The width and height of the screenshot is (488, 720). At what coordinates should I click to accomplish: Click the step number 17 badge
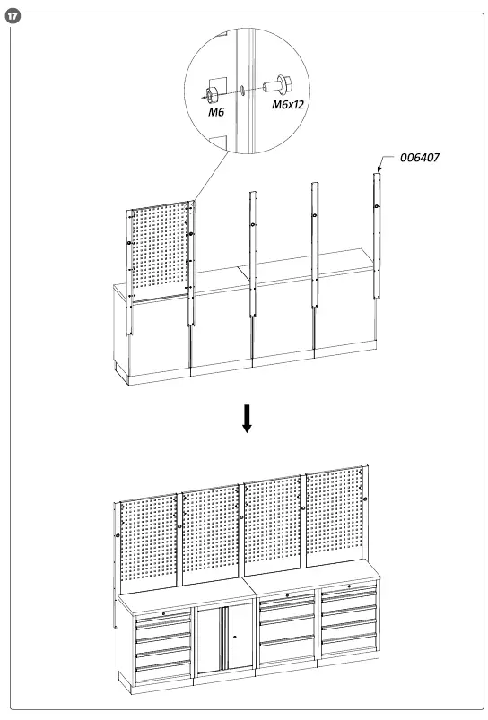coord(11,16)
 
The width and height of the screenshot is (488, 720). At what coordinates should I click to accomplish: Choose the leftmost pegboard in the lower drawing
coord(149,538)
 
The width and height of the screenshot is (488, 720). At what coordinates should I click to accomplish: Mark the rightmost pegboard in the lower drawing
coord(335,529)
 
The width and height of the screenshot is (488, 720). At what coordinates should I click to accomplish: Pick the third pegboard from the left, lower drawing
coord(274,533)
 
